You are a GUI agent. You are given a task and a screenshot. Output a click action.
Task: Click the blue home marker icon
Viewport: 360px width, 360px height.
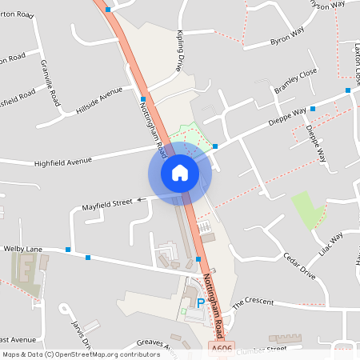[179, 172]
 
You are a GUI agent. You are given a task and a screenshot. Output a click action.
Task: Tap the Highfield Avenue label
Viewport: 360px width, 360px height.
[64, 162]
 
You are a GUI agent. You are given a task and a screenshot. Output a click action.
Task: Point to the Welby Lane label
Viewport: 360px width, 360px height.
[22, 250]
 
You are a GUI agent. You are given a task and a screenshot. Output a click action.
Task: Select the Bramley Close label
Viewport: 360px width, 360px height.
[296, 84]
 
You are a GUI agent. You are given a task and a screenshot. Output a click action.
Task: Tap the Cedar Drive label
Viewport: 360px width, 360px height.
[301, 265]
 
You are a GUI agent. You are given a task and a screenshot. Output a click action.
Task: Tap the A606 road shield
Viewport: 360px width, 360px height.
[223, 350]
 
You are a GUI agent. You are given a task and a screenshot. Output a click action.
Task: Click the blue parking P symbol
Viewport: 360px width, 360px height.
[200, 303]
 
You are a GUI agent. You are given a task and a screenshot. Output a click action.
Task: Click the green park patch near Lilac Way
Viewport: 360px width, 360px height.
[308, 210]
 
